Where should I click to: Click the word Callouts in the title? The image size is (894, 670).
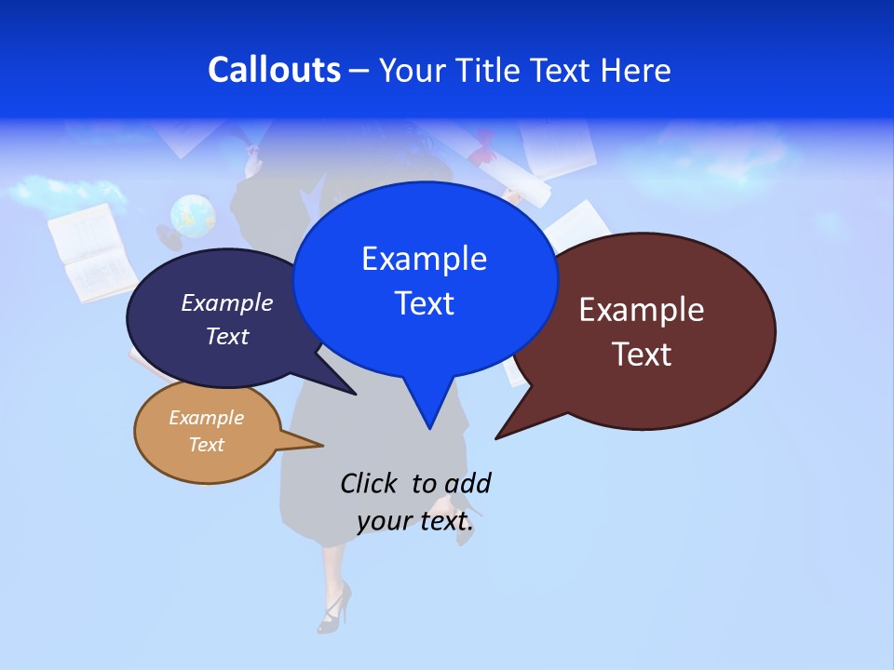(x=274, y=70)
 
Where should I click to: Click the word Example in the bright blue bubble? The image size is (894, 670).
(x=424, y=259)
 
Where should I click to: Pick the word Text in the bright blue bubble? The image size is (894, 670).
(x=424, y=303)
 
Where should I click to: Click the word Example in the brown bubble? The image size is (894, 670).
(x=642, y=310)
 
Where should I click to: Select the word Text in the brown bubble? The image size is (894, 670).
(x=642, y=355)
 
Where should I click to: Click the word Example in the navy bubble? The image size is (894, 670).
(x=226, y=302)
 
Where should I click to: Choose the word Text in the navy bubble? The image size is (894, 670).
(x=226, y=336)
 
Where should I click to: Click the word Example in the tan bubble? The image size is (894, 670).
(x=206, y=418)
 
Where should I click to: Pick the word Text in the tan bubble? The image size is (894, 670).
(x=206, y=445)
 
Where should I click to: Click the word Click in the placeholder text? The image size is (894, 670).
(x=371, y=483)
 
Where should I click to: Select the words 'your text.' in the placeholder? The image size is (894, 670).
(x=415, y=521)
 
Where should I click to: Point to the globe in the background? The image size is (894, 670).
(x=193, y=217)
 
